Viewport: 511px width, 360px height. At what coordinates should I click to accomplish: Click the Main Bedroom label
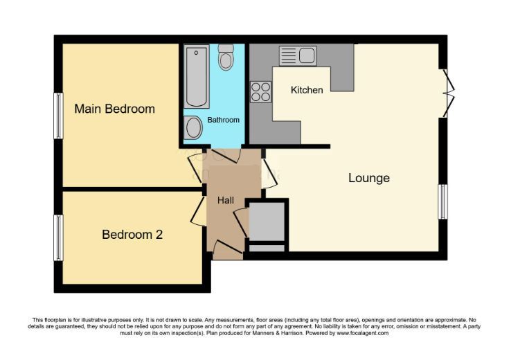[x=114, y=109]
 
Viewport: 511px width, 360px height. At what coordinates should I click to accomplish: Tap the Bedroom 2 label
[x=132, y=235]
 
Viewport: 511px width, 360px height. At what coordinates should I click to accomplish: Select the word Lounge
[x=369, y=178]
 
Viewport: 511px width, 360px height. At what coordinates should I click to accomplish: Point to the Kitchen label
[x=307, y=90]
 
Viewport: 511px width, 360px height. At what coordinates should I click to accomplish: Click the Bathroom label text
[x=223, y=120]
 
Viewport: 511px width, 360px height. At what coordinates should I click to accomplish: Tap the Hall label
[x=226, y=200]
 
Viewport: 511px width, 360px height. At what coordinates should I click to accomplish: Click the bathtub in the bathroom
[x=197, y=76]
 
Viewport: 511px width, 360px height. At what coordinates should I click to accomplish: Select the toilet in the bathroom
[x=226, y=57]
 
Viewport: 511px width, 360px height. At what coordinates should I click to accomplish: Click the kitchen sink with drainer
[x=298, y=55]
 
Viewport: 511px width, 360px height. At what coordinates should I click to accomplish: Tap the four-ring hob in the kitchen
[x=261, y=92]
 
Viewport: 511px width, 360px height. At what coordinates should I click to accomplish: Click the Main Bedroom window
[x=58, y=116]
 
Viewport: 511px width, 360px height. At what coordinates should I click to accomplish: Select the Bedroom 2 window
[x=58, y=237]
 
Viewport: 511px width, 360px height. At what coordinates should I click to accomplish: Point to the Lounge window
[x=442, y=201]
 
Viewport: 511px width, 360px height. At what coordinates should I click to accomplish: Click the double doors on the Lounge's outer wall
[x=449, y=93]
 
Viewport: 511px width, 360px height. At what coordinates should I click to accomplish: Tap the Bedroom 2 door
[x=198, y=212]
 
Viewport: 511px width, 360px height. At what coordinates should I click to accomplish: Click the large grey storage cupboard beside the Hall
[x=267, y=222]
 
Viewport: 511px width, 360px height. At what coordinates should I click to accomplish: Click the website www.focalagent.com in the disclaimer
[x=362, y=333]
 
